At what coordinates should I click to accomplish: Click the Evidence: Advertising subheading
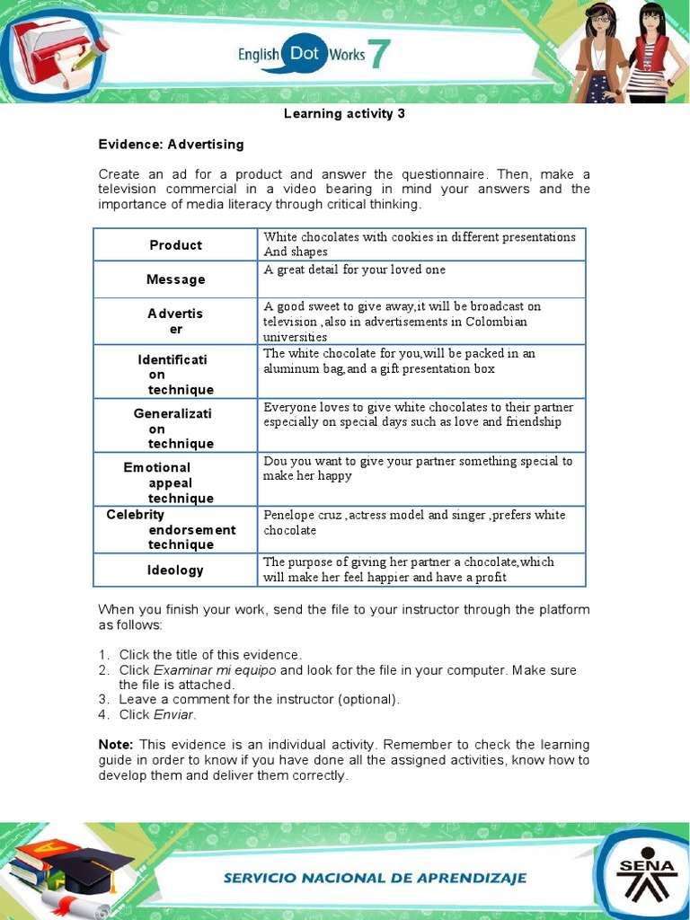coord(171,144)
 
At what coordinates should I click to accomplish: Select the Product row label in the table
coord(175,245)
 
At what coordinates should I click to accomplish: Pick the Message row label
coord(175,279)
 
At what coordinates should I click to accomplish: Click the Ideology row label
coord(175,570)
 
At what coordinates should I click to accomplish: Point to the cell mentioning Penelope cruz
coord(422,522)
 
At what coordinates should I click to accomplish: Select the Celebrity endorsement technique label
coord(171,529)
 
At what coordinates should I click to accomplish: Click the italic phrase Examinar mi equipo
coord(215,670)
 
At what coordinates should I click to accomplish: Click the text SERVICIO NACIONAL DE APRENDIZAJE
coord(376,878)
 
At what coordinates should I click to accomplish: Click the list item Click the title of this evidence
coord(210,654)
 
